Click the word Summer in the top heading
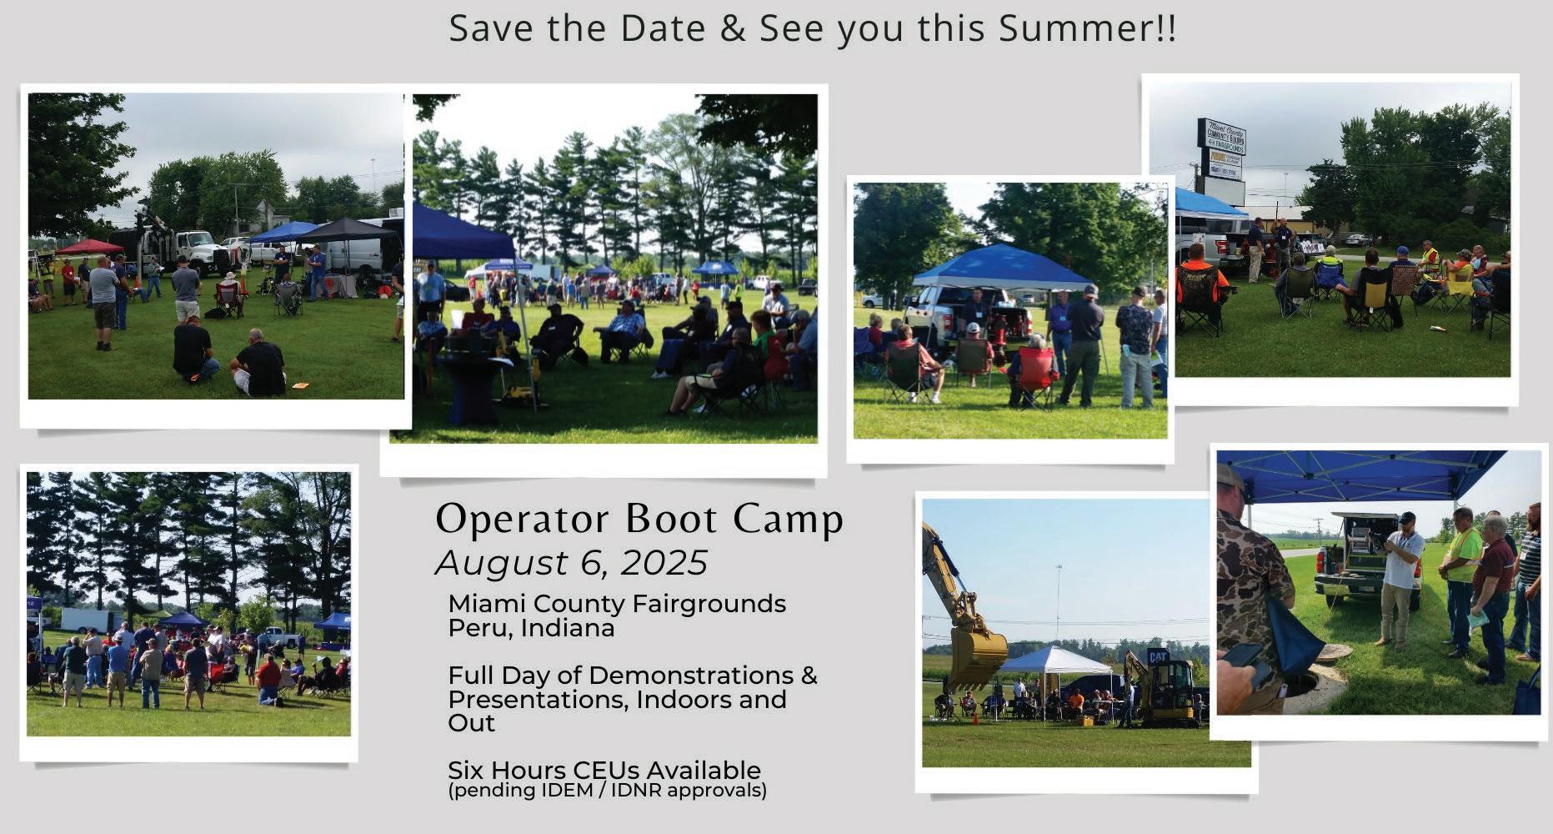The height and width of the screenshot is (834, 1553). (x=1075, y=28)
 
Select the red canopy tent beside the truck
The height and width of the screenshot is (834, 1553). (x=89, y=247)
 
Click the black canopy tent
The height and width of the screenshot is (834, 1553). (x=348, y=230)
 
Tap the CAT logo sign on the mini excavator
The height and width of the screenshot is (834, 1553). (x=1157, y=657)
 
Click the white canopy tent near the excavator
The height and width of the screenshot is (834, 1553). (x=1055, y=661)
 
